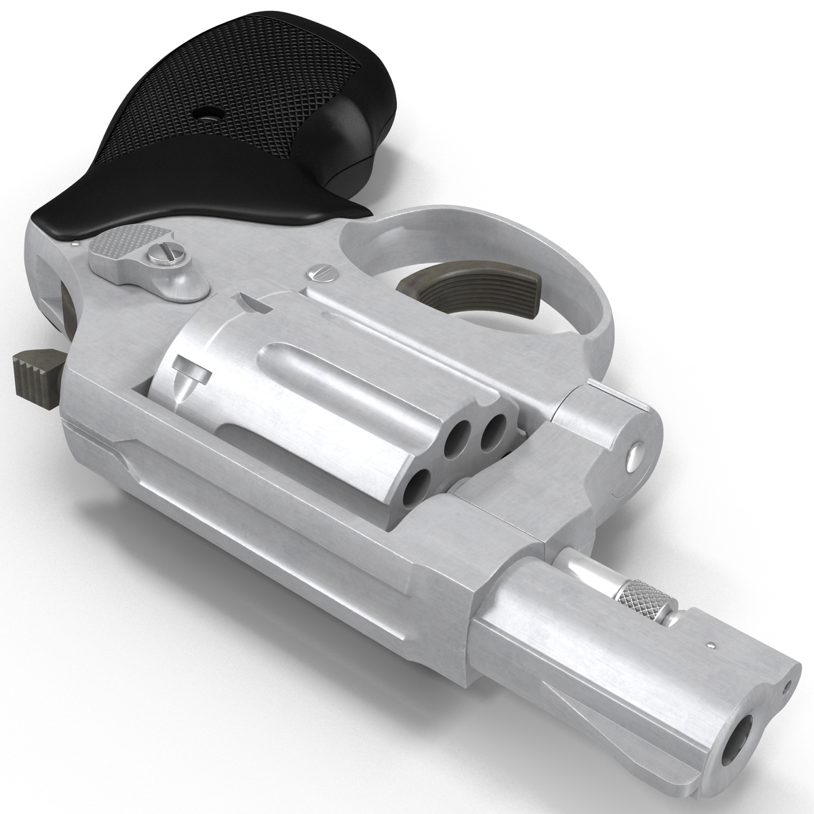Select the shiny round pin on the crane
tap(635, 456)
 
